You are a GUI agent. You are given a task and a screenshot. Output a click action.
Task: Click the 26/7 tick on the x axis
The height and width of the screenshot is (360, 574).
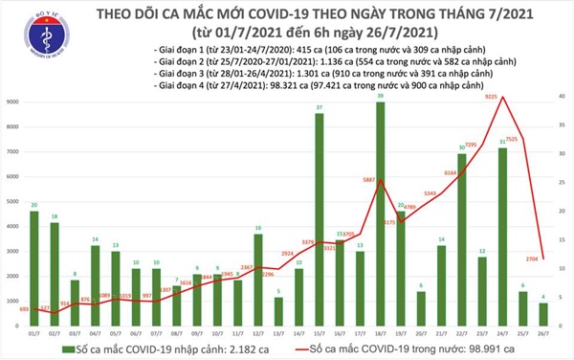(544, 330)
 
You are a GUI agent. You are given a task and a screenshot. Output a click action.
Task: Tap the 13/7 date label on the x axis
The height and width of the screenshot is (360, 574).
(278, 330)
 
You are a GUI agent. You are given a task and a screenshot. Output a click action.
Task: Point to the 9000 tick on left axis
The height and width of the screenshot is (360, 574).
(13, 101)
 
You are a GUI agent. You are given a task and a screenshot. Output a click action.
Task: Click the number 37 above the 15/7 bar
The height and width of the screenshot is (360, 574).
(319, 107)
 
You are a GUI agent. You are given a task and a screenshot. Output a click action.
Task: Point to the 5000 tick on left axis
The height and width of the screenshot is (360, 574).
(13, 202)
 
